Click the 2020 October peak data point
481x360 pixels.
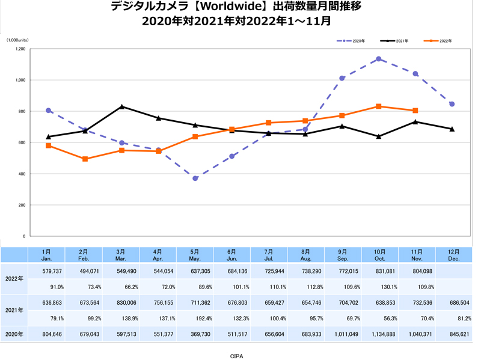pos(379,59)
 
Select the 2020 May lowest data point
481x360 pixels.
pos(195,178)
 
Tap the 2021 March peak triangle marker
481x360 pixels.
pos(122,106)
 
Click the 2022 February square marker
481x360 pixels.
pos(85,159)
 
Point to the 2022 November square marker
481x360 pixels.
pos(415,111)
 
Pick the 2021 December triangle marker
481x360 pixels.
pos(452,129)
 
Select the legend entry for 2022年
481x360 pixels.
pos(439,41)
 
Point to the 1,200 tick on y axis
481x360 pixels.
pos(20,49)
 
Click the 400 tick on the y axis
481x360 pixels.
pos(21,174)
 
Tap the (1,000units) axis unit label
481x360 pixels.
pos(17,40)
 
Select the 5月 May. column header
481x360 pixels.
pos(195,255)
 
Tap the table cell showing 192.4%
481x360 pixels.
pos(195,319)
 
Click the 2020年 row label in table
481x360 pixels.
pos(14,334)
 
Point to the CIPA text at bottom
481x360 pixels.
pos(237,356)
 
